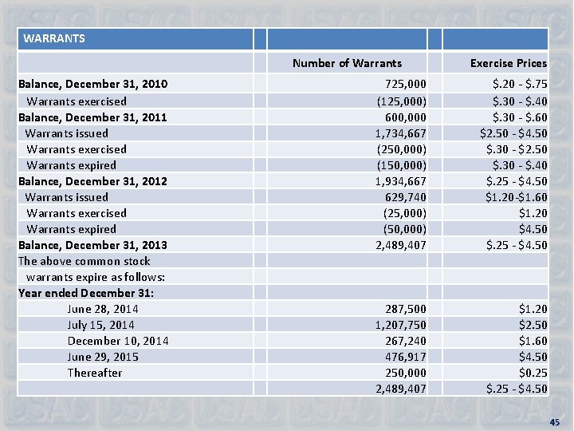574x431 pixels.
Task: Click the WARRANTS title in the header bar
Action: (x=54, y=38)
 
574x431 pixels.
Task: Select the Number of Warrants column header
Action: (x=347, y=63)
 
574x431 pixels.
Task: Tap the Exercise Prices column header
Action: (x=508, y=63)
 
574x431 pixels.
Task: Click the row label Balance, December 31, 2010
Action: (x=92, y=85)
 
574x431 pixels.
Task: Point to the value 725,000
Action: (x=405, y=85)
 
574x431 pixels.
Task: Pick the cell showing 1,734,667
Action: (x=401, y=132)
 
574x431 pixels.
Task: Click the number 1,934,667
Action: (x=401, y=180)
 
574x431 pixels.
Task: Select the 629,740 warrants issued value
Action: (x=405, y=196)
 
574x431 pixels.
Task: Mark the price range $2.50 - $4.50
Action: (x=513, y=132)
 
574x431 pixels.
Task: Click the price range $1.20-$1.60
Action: (x=516, y=196)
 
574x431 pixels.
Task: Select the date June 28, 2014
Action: (x=103, y=308)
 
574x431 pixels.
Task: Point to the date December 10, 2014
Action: (x=118, y=340)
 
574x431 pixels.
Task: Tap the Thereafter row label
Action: (x=95, y=372)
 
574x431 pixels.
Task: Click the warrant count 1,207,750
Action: (x=401, y=324)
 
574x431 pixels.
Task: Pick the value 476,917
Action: (x=405, y=356)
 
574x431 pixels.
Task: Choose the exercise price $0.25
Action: (x=533, y=372)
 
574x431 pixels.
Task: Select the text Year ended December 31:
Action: (x=86, y=292)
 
